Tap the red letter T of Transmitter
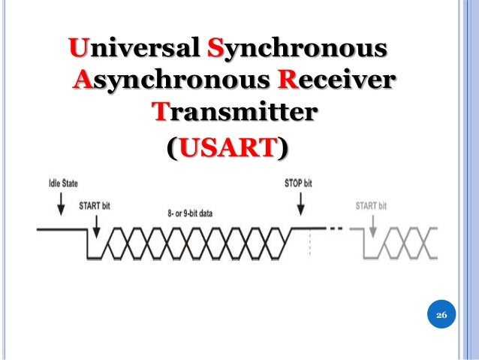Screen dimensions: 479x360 [161, 112]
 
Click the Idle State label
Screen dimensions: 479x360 [63, 183]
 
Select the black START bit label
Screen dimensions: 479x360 [95, 205]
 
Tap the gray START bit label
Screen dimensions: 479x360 [371, 205]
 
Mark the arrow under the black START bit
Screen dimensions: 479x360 [97, 223]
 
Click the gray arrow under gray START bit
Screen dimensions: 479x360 [367, 223]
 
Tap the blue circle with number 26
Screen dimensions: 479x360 [441, 316]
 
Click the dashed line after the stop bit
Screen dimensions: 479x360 [336, 228]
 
